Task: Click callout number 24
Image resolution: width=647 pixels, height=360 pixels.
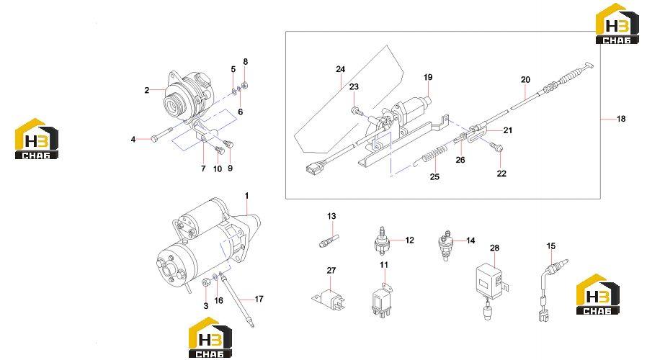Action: click(340, 69)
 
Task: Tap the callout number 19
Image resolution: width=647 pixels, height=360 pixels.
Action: click(428, 77)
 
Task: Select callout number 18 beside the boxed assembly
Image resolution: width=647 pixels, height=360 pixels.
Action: click(621, 119)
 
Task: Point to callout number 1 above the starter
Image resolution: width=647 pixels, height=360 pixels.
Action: click(246, 195)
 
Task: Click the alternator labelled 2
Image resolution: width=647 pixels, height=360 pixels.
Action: click(188, 97)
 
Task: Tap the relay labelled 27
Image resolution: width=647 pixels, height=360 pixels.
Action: click(329, 299)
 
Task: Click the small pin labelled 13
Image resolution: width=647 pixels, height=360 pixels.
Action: click(329, 240)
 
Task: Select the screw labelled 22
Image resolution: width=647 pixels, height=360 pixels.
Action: click(496, 145)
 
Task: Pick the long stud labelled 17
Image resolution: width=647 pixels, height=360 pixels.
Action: click(237, 299)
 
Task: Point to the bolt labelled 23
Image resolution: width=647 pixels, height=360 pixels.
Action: click(357, 111)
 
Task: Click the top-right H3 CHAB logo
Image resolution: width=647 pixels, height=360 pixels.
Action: click(617, 24)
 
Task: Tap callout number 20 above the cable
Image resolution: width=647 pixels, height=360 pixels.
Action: click(525, 80)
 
